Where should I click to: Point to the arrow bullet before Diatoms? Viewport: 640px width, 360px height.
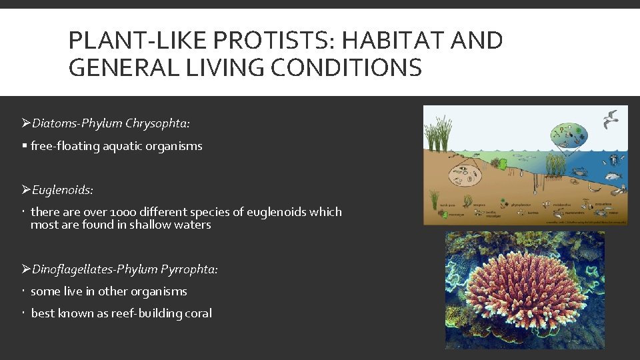[26, 123]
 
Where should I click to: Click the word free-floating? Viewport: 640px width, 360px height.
[65, 146]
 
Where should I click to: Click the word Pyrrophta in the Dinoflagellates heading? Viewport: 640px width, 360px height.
[189, 269]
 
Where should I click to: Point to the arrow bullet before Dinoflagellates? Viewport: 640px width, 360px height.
[26, 269]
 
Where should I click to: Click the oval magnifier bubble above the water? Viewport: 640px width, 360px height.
[568, 135]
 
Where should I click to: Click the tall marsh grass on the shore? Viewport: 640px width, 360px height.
[441, 133]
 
